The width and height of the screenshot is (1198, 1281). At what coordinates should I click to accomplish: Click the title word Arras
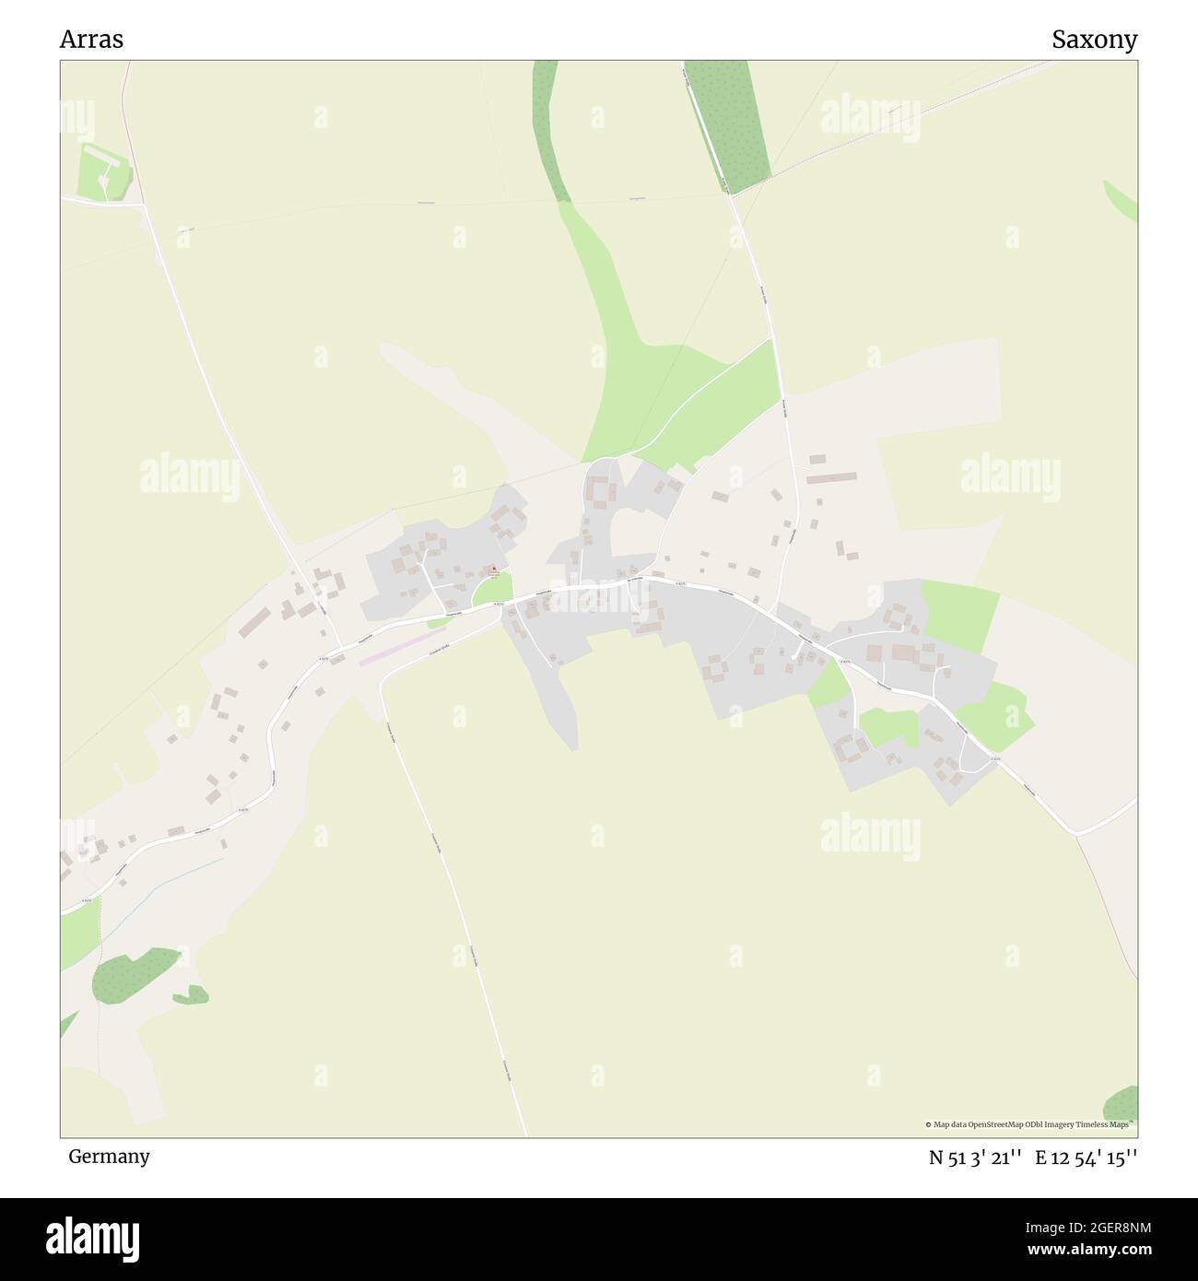(x=91, y=40)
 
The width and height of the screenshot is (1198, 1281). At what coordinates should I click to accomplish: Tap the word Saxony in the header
(x=1094, y=40)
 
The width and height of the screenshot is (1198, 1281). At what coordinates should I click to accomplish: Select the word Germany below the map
(x=109, y=1156)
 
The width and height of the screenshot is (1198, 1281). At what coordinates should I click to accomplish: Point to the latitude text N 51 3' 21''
(x=975, y=1158)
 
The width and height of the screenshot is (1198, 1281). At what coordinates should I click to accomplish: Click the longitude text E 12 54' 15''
(x=1086, y=1158)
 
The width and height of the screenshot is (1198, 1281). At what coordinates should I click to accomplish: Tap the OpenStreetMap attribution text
(x=1029, y=1124)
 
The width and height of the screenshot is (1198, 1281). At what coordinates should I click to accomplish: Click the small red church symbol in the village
(x=493, y=569)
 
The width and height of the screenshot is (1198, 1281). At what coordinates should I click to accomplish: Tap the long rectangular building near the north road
(x=831, y=477)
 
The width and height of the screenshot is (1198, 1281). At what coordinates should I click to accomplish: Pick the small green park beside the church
(x=490, y=590)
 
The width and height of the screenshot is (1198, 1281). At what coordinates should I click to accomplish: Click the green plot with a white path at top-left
(x=101, y=172)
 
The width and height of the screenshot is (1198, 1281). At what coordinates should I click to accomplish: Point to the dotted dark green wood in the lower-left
(x=135, y=975)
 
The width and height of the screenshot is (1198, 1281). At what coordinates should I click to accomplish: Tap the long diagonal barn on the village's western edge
(x=254, y=622)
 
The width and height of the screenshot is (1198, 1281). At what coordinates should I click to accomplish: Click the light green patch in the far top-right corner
(x=1122, y=199)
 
